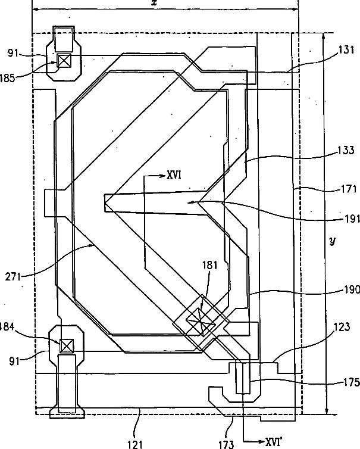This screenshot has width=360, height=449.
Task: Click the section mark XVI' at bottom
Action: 273,442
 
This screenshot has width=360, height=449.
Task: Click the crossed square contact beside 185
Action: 64,60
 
